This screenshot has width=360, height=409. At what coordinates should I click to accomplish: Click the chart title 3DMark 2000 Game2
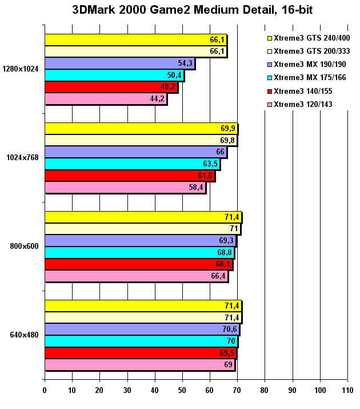coord(180,10)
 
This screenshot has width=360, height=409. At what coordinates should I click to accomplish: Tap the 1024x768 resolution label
coord(22,158)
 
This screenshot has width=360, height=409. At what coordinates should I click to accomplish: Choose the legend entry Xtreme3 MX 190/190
coord(311,65)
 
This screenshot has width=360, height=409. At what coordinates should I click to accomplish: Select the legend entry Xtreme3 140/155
coord(303,91)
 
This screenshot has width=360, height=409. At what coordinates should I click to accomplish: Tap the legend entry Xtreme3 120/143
coord(303,104)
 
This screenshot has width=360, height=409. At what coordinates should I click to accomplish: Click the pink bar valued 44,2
coord(106,99)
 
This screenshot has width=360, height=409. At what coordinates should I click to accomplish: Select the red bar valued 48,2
coord(111,87)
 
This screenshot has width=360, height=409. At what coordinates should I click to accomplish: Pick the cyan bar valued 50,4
coord(114,75)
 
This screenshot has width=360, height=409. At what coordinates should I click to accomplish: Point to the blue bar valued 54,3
coord(119,63)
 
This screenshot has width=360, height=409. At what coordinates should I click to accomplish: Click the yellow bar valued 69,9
coord(141,128)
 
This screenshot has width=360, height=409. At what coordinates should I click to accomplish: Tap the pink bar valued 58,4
coord(125,188)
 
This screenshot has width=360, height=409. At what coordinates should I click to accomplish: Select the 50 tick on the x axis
coord(182,391)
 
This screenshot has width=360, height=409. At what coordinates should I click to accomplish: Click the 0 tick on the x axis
coord(45,391)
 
